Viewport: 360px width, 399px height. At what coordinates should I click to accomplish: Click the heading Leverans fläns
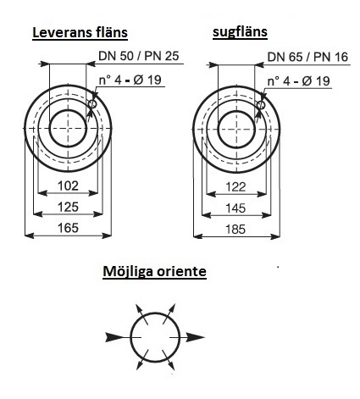pos(80,32)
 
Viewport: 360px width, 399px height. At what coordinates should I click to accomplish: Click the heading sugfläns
pos(240,32)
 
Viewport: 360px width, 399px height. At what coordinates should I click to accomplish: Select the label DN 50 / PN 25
pos(139,56)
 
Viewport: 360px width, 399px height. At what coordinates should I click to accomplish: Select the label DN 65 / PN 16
pos(307,57)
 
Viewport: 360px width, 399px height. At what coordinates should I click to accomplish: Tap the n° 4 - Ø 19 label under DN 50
pos(130,80)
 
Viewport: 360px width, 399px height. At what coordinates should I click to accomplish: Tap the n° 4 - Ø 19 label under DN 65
pos(299,81)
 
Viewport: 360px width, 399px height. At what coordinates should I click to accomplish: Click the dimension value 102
pos(68,186)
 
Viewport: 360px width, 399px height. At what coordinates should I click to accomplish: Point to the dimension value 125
pos(68,207)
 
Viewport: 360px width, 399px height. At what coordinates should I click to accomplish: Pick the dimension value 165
pos(68,228)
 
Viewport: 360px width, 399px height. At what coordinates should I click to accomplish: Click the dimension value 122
pos(235,187)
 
